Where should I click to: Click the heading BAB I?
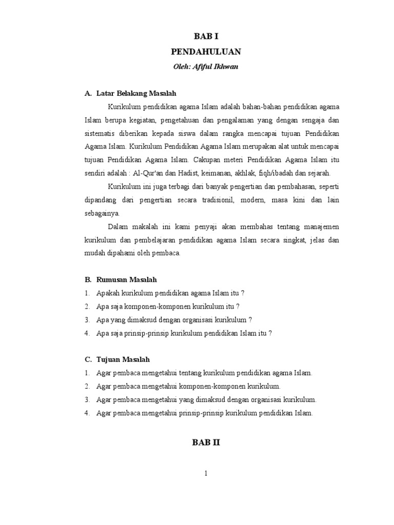coord(205,35)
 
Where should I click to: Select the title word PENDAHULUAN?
coord(205,52)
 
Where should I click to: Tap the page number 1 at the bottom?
coord(205,473)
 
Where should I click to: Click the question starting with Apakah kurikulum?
coord(170,293)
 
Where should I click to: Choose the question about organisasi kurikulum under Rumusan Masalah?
coord(174,320)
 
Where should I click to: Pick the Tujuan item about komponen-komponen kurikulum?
coord(188,386)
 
